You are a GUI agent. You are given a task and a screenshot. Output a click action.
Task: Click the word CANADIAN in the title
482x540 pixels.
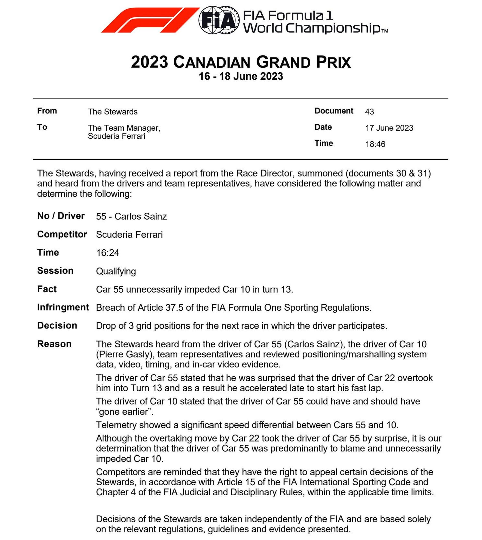point(212,63)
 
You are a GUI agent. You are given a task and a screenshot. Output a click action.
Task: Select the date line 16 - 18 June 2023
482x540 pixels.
point(241,76)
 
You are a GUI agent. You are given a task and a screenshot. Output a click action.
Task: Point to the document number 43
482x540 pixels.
point(369,112)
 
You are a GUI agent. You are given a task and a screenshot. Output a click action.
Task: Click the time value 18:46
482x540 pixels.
point(375,144)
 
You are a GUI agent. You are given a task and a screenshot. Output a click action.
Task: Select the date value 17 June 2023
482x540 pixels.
point(389,128)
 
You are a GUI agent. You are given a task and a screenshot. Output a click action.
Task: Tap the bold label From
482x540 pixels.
point(47,111)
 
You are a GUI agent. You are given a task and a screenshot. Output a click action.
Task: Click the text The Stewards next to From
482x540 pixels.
point(112,112)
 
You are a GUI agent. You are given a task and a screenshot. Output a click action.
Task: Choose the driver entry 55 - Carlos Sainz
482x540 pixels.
point(131,217)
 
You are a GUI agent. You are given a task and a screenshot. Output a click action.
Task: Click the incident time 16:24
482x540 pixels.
point(107,253)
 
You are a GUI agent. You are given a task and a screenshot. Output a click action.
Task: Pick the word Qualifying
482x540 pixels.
point(116,271)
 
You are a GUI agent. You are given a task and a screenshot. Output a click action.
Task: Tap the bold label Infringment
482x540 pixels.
point(63,307)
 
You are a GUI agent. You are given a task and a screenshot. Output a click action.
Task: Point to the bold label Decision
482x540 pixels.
point(57,325)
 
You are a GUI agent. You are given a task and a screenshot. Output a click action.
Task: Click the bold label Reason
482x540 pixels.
point(54,344)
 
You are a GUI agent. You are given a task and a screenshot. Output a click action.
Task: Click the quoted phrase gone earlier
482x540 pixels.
point(125,412)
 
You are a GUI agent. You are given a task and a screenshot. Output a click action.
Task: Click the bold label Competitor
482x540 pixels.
point(62,234)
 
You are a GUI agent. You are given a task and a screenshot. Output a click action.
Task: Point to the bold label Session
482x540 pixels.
point(55,271)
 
